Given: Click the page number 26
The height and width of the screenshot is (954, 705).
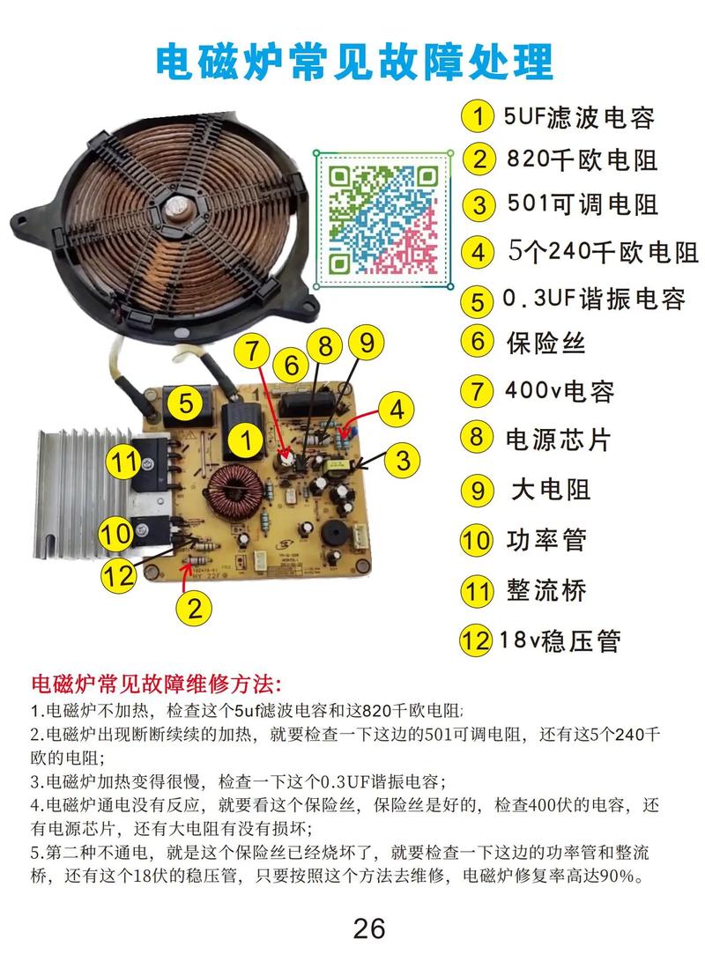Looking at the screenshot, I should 369,928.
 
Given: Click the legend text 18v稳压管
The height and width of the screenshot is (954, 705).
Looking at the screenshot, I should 560,640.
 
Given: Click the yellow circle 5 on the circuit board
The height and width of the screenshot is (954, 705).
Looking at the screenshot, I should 185,403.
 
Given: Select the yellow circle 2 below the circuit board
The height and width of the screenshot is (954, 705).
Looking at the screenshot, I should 195,608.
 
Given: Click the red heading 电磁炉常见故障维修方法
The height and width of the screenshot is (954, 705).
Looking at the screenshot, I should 157,683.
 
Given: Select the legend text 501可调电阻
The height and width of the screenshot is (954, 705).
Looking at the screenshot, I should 583,204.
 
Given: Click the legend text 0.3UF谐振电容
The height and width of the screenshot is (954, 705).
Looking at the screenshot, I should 594,299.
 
